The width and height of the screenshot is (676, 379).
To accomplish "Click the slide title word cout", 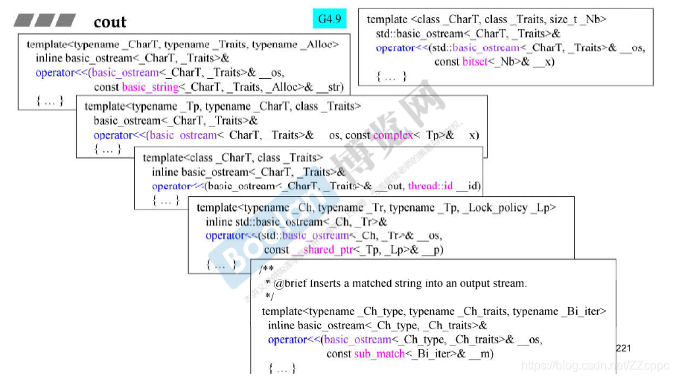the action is (109, 22).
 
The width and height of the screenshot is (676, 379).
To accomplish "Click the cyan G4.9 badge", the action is (330, 18).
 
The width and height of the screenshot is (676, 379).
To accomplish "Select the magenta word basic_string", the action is (150, 86).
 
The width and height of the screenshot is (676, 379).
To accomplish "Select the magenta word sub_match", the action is (380, 354).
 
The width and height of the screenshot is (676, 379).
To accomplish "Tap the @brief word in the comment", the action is (290, 283).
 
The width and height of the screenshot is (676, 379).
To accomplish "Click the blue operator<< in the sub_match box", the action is (287, 340).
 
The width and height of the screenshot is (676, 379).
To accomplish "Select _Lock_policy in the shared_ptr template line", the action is (492, 208).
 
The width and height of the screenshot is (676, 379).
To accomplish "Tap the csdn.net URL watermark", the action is (595, 366).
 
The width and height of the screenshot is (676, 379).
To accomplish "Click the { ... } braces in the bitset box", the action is (392, 76).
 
